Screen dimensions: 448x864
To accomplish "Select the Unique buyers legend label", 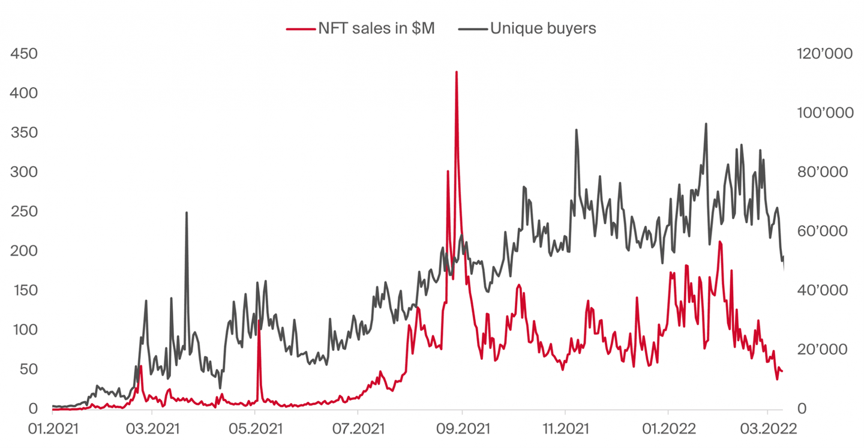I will click(x=543, y=28).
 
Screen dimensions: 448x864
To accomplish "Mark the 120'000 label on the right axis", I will click(x=824, y=54).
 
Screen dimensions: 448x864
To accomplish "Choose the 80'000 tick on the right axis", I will click(x=821, y=173).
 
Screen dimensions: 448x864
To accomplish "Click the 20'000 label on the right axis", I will click(x=821, y=350).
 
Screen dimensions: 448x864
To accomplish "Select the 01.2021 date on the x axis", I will click(x=53, y=430).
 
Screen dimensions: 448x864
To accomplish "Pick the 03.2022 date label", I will click(x=767, y=430).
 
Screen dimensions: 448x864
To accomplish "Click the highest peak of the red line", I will click(x=457, y=73).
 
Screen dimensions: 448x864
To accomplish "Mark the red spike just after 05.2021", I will click(x=259, y=321).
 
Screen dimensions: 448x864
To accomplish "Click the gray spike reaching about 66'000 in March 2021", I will click(x=187, y=213).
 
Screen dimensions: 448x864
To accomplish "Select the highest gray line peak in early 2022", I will click(x=706, y=124).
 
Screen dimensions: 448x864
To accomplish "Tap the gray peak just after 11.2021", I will click(x=576, y=130).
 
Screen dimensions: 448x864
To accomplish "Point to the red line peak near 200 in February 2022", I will click(x=719, y=242).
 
